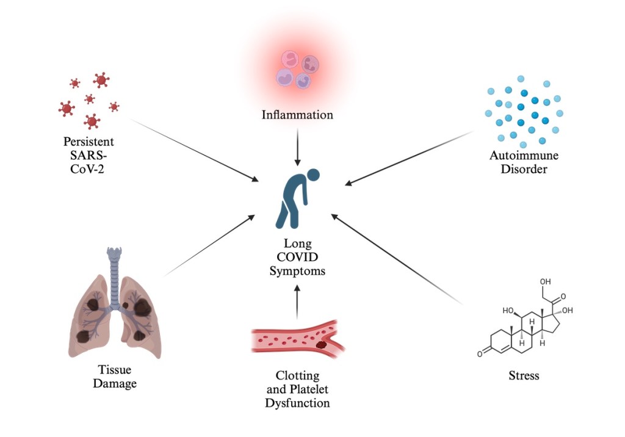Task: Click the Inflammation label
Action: pos(297,115)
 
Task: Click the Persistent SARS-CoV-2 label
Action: pos(89,155)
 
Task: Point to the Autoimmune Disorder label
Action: pos(524,162)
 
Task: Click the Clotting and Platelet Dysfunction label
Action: pos(297,389)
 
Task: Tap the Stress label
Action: pos(524,375)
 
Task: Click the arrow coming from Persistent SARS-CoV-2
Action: pos(195,150)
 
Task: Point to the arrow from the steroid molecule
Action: pos(397,259)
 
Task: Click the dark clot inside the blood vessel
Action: pos(322,345)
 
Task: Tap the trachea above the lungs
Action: pos(114,275)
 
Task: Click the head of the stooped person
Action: pos(313,175)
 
